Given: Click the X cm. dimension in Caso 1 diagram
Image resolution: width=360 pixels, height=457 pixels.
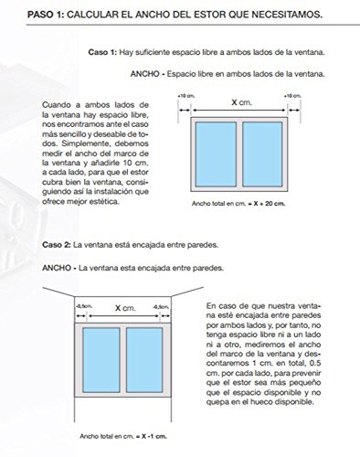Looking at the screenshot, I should coord(240,101).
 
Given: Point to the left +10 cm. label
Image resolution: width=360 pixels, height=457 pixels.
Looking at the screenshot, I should coord(183,95).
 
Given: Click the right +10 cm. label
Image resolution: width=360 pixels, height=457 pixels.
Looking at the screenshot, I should coord(294,95).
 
